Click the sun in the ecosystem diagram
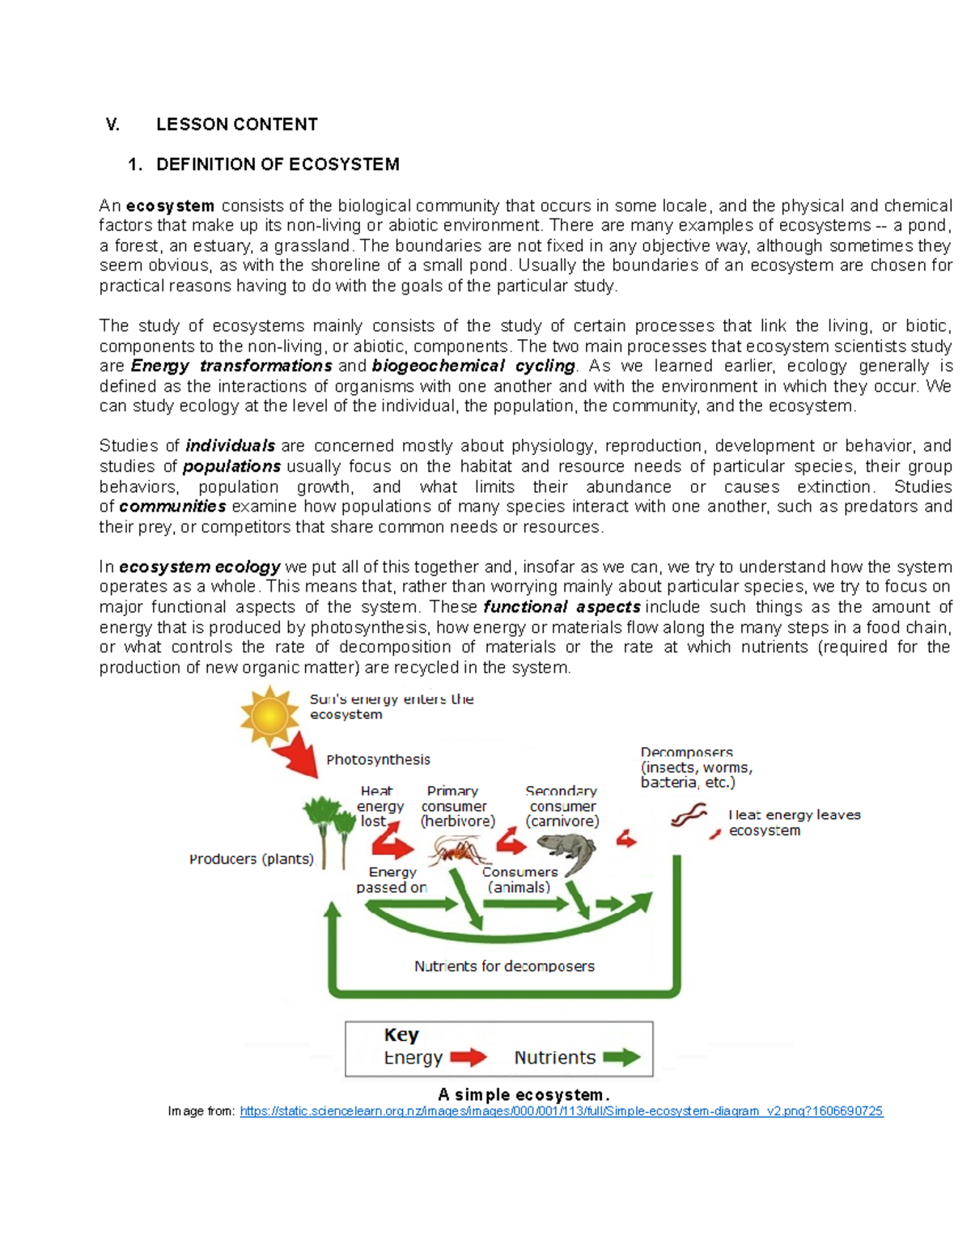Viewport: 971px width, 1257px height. coord(269,716)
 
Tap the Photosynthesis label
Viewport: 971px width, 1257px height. coord(378,760)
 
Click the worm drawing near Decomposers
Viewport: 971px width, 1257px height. coord(689,815)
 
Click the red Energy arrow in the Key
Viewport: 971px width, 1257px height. coord(469,1057)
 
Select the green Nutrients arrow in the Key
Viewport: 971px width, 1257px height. coord(621,1057)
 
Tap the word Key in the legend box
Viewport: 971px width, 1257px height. coord(401,1035)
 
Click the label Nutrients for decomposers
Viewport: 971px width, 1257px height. coord(504,966)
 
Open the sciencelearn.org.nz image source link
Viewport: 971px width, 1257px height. coord(562,1111)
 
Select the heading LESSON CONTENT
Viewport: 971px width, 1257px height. coord(236,125)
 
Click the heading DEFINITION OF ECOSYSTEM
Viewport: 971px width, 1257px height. coord(278,164)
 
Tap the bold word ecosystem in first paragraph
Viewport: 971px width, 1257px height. coord(170,206)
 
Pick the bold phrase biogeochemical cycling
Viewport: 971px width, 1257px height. coord(473,366)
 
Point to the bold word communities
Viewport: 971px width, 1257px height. coord(172,507)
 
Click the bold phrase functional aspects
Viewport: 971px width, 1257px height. coord(562,607)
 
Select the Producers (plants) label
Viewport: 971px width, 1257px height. coord(252,860)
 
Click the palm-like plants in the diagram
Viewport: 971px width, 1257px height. coord(329,826)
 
